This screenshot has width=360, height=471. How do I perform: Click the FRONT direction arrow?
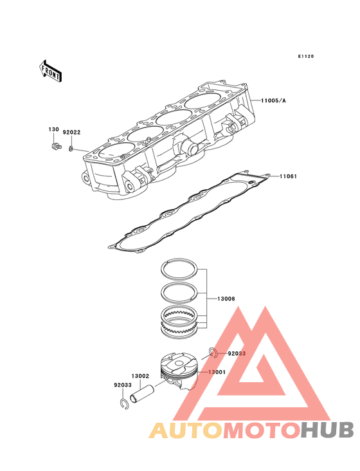pos(50,71)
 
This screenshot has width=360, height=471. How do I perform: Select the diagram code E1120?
pos(306,57)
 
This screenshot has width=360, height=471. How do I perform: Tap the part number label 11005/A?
pos(273,100)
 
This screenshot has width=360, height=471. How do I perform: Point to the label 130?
pos(54,129)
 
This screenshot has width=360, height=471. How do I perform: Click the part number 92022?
pos(71,133)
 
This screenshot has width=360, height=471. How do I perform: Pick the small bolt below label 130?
pos(55,147)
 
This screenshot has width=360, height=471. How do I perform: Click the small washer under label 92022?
pos(71,149)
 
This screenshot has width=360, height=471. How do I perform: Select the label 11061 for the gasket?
pos(288,176)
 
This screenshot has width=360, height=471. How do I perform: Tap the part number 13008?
pos(226,299)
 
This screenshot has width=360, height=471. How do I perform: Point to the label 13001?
pos(217,372)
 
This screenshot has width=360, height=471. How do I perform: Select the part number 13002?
pos(140,376)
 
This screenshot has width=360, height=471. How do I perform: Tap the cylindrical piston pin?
pos(142,394)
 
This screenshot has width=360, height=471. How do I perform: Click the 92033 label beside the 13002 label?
pos(123,385)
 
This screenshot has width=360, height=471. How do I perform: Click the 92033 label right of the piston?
pos(237,353)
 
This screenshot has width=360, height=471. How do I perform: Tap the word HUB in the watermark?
pos(328,430)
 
